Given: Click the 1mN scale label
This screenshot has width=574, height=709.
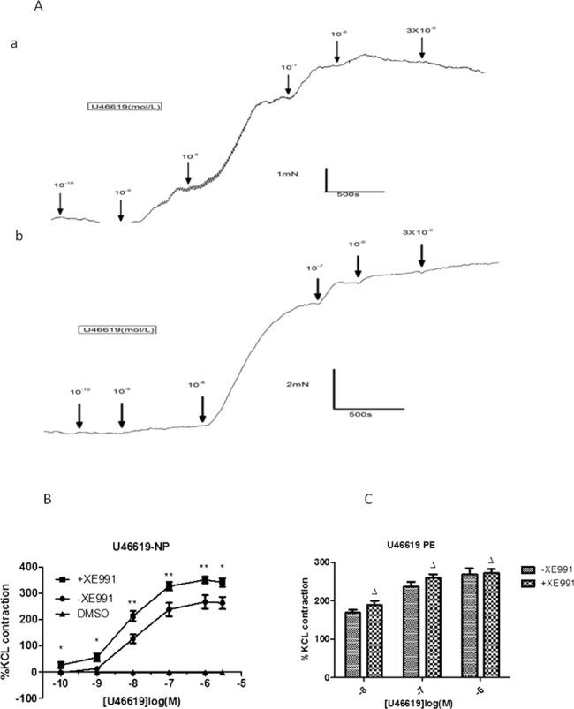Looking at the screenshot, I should tap(287, 174).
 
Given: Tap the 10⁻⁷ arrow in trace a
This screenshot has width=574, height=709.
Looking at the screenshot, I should tap(289, 81).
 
